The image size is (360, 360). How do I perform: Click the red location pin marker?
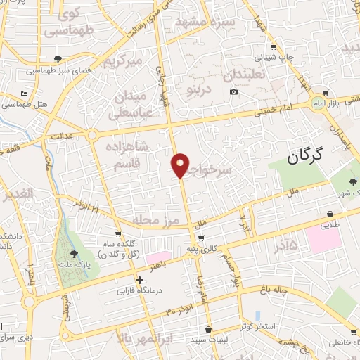coord(181,165)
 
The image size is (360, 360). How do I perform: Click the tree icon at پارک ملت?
coord(75,255)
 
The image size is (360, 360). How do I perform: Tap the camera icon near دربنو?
coord(233,92)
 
